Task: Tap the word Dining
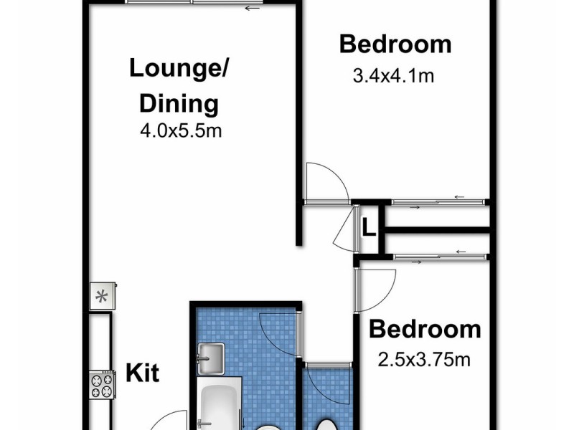(179, 103)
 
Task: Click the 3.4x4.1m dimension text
(394, 75)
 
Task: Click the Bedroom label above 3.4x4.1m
(395, 44)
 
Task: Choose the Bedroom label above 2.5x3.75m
(424, 330)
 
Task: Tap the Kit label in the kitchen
(142, 373)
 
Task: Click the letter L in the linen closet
(368, 229)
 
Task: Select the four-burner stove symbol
(101, 386)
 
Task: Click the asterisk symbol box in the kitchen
(101, 296)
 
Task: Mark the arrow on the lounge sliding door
(251, 9)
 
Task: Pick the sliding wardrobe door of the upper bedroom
(438, 203)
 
